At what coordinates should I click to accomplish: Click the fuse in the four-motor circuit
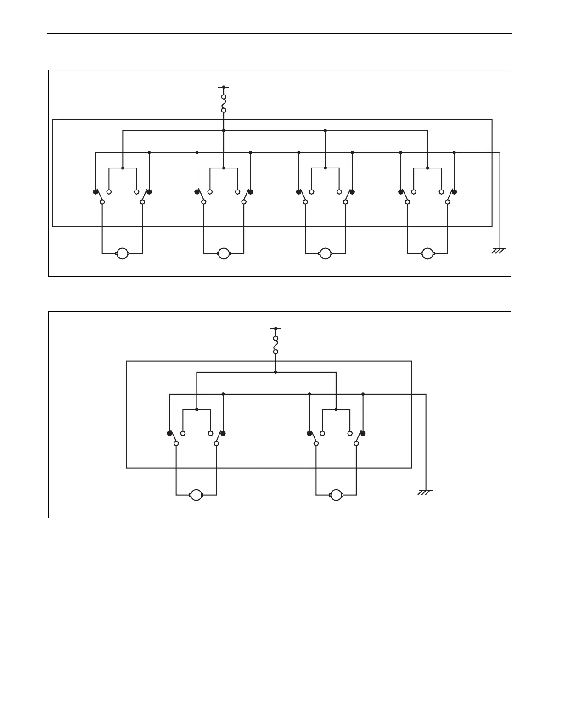224,104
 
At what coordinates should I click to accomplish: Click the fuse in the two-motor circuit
275,345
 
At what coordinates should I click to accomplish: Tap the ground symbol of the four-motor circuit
499,251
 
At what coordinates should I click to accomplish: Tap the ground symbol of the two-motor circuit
425,492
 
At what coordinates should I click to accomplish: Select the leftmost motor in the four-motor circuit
122,253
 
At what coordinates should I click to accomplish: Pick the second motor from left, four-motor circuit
224,253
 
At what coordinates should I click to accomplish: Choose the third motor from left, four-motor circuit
325,253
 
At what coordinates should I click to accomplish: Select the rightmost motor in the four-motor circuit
427,253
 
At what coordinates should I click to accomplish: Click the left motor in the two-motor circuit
196,495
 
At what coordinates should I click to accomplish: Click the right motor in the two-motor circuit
336,495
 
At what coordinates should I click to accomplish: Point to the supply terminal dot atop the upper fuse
224,87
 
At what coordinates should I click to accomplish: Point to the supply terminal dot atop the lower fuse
275,328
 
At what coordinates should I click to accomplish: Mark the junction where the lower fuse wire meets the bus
275,372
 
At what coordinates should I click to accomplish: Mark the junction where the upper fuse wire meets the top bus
224,131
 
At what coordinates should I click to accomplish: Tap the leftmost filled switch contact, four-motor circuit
96,191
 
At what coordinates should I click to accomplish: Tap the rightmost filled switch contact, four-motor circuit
454,191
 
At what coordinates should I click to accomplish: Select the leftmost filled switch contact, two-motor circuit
169,433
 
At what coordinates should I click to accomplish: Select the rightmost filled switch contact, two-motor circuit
363,433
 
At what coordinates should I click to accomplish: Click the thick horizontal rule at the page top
279,34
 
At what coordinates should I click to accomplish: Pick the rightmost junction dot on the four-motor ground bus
454,152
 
